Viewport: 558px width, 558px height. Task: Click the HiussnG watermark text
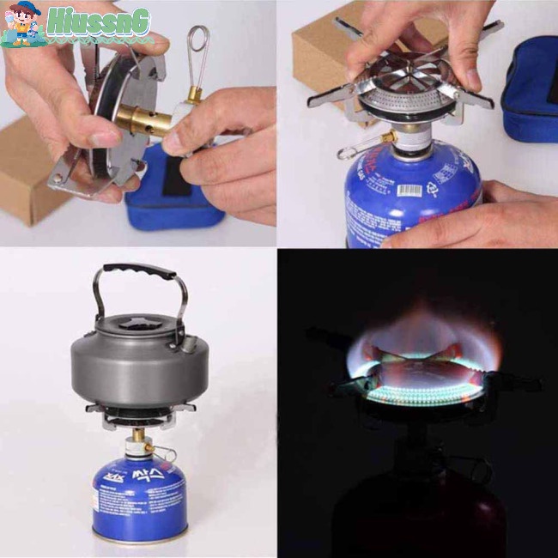(98, 21)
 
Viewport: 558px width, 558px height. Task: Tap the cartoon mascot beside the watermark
(22, 24)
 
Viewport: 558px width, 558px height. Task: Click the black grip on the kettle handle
(141, 272)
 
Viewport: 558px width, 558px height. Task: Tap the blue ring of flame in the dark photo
(421, 391)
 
